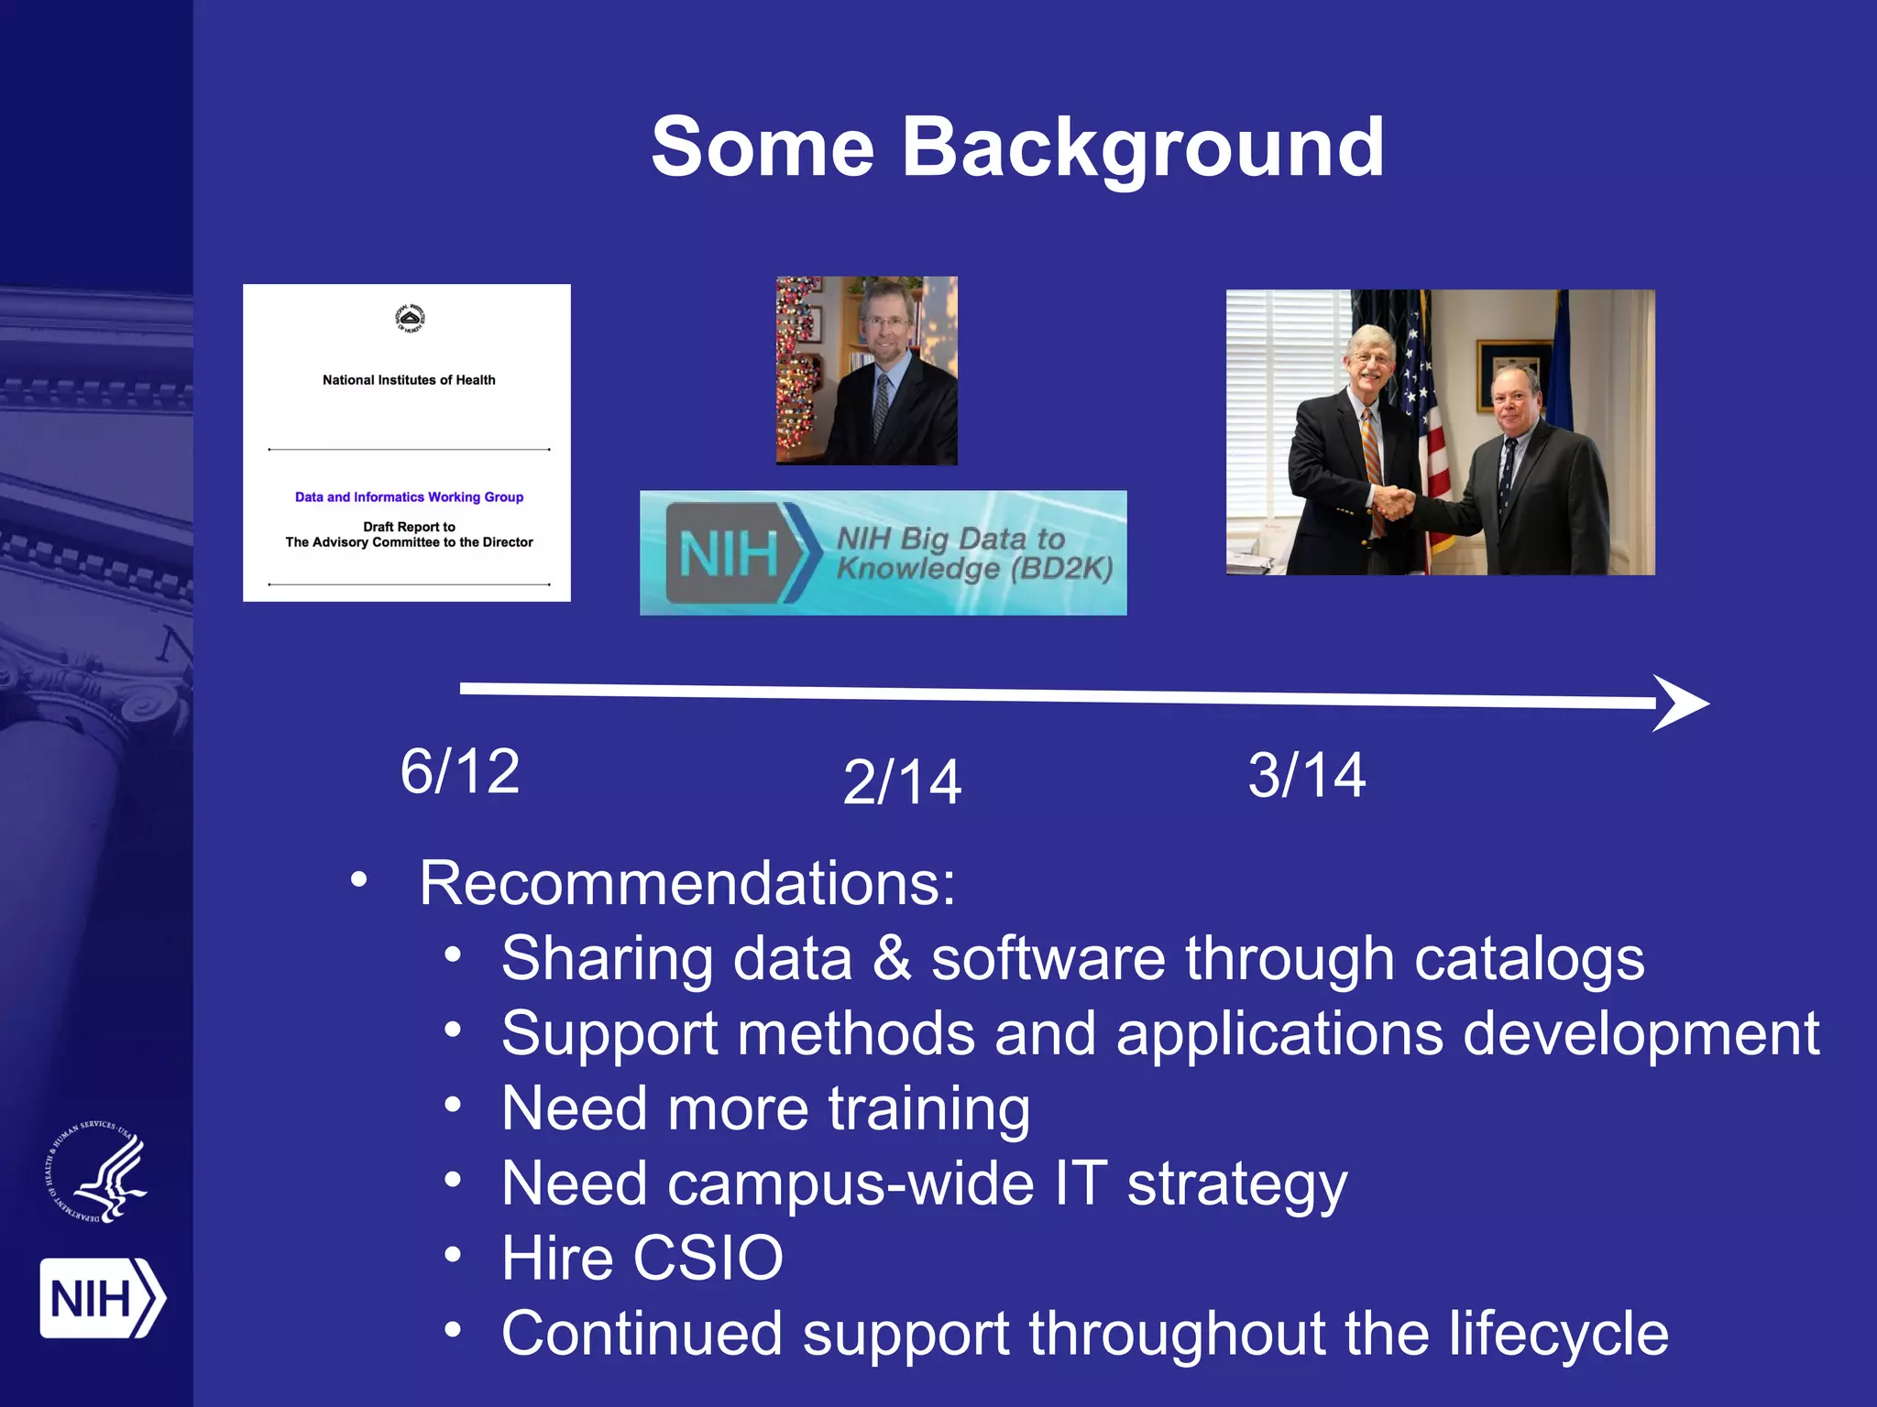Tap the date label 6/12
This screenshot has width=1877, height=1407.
460,771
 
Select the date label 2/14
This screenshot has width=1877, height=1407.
902,782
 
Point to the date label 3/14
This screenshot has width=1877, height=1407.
1307,776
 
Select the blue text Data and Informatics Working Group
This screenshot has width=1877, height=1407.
409,497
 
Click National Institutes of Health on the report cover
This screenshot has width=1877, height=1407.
409,380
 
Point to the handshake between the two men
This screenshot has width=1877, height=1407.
1395,503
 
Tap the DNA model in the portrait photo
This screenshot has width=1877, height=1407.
799,371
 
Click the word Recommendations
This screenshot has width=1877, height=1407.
686,884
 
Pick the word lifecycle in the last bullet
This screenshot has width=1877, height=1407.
1558,1334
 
